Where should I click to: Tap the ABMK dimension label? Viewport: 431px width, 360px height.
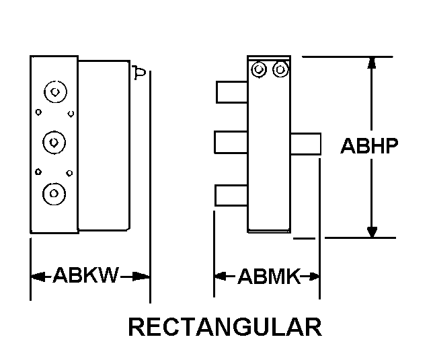pos(268,276)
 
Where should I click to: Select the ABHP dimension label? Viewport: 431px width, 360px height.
pos(370,146)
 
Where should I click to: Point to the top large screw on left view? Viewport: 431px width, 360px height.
pos(54,91)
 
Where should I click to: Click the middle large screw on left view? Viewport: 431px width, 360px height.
pos(53,141)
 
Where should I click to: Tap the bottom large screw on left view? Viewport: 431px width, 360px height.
pos(53,193)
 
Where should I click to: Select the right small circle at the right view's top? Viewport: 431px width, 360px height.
pos(280,69)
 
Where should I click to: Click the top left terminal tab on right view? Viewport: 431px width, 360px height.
pos(231,92)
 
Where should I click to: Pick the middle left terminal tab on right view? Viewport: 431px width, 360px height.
pos(231,143)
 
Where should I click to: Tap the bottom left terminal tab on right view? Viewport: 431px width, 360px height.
pos(231,195)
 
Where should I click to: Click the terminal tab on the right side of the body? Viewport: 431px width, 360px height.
pos(305,143)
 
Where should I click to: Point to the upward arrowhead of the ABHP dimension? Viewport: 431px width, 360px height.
pos(371,63)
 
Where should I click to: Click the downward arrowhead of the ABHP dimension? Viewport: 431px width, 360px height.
pos(371,231)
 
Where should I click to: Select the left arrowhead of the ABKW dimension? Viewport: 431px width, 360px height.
pos(38,275)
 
